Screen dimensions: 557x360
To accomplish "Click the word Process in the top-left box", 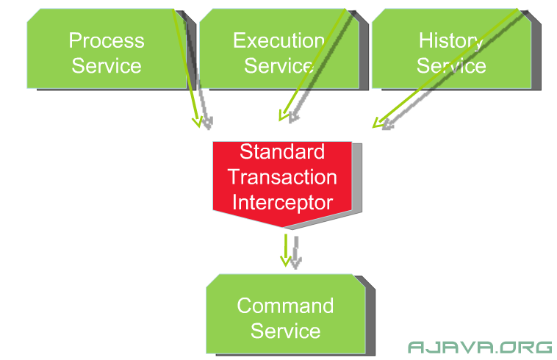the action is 107,40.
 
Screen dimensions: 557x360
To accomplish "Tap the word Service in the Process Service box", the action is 107,66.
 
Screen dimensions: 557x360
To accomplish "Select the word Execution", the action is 278,40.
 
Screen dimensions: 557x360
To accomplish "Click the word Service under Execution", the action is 278,66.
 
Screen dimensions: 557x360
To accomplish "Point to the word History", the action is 451,42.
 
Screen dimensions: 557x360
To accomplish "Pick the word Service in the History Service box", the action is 451,66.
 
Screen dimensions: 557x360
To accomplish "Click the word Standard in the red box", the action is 282,152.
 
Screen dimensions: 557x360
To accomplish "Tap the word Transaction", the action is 282,177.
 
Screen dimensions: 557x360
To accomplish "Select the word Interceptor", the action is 282,204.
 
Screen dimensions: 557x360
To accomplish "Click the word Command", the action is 285,306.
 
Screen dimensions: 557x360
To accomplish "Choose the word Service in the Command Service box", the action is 285,331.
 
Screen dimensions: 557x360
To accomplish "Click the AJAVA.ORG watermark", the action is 480,348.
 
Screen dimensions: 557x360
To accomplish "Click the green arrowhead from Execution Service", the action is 284,115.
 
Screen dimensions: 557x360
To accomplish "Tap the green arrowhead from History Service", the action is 378,123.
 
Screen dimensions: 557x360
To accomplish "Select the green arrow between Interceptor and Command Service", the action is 286,251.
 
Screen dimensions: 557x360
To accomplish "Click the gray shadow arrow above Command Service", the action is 296,253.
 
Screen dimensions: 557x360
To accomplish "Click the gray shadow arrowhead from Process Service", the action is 208,123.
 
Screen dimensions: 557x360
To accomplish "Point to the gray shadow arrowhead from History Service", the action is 388,125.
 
